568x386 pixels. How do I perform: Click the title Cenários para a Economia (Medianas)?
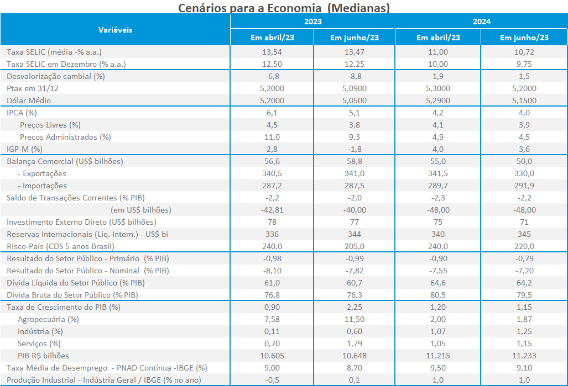(x=284, y=8)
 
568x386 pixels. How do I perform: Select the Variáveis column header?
(x=115, y=30)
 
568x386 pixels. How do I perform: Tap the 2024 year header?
(x=482, y=22)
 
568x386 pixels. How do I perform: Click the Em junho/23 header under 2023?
(x=355, y=38)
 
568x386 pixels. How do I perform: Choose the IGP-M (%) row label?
(x=24, y=149)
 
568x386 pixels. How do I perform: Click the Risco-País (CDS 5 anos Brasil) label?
(x=60, y=246)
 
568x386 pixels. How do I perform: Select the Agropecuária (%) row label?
(x=48, y=319)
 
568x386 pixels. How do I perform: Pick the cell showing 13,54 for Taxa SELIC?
(x=272, y=52)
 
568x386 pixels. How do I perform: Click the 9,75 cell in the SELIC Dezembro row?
(x=524, y=64)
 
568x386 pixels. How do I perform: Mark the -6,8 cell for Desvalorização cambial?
(x=272, y=76)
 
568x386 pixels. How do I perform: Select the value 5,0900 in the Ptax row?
(x=355, y=88)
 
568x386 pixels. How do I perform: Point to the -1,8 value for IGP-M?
(x=355, y=149)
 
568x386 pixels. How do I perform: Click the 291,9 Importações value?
(x=524, y=186)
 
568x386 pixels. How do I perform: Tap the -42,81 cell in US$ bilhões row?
(x=272, y=210)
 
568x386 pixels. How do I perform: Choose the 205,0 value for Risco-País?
(x=355, y=246)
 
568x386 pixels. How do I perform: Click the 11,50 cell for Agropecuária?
(x=355, y=319)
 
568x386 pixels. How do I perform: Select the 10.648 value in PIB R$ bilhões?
(x=355, y=356)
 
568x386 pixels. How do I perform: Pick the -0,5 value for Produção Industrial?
(x=272, y=380)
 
